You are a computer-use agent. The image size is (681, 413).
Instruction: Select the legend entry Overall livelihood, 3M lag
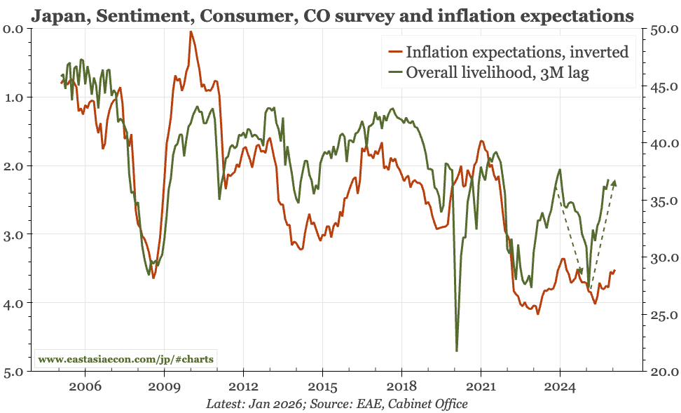pos(498,73)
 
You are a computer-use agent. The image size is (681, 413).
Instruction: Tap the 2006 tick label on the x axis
pos(85,386)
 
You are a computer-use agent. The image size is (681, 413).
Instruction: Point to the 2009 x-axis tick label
pos(164,386)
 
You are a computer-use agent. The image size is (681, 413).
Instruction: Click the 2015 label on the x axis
pos(322,386)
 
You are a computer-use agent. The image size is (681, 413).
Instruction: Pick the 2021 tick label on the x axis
pos(481,386)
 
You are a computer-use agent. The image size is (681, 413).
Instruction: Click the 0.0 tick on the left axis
pos(14,28)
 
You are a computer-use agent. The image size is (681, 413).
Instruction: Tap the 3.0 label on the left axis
pos(14,234)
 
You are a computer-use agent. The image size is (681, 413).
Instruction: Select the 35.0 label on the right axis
pos(663,201)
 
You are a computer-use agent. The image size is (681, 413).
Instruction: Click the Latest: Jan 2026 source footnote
pos(336,404)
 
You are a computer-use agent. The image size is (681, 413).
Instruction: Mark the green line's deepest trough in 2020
pos(457,351)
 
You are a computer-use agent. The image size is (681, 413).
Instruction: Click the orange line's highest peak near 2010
pos(191,32)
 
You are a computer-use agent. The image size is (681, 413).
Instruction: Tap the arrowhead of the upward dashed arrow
pos(614,183)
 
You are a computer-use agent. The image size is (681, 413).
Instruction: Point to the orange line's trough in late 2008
pos(153,278)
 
